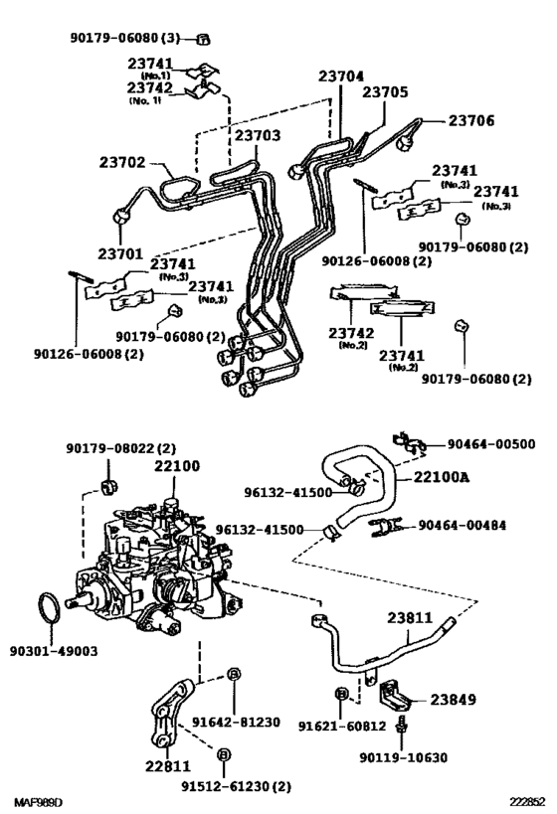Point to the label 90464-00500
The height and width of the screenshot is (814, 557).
pyautogui.click(x=489, y=444)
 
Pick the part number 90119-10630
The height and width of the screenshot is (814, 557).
pyautogui.click(x=403, y=757)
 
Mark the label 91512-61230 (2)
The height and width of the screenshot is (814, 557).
pyautogui.click(x=236, y=785)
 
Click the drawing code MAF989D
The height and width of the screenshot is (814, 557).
pyautogui.click(x=38, y=801)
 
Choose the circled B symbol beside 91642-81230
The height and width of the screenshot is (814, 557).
pyautogui.click(x=233, y=675)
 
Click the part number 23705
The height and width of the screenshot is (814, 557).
pyautogui.click(x=385, y=92)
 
